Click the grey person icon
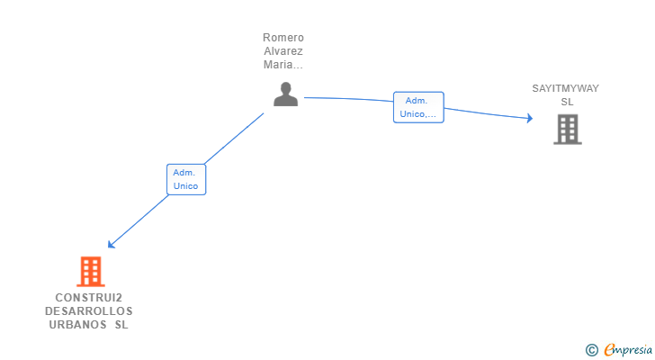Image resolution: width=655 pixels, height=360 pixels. coord(285,94)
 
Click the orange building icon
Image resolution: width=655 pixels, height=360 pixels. coord(90,271)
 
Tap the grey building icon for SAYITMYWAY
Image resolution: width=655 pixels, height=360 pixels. coord(567,130)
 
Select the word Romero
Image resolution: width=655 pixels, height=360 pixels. coord(283,38)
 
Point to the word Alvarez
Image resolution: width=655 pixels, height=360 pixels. coord(283,51)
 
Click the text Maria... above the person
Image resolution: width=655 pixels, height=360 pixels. coord(283,65)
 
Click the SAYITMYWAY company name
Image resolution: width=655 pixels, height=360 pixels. coord(565,88)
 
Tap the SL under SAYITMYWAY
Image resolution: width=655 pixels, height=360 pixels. coord(567,102)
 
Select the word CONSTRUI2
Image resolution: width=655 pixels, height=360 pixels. coord(88,298)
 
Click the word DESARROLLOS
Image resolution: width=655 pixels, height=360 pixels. coord(88,311)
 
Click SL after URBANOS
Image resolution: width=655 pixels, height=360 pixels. coord(121,325)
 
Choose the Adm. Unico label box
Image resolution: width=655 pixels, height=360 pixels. coord(186,179)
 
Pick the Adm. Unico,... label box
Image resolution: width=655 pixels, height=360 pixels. coord(418,107)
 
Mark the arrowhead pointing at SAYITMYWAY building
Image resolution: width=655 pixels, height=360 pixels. coord(529,118)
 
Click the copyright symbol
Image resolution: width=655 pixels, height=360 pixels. coord(591,350)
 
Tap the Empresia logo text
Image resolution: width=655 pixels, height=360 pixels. coord(628,350)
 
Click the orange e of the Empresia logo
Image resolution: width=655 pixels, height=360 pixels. coord(609,350)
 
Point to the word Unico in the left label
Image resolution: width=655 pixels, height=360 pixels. coord(186,186)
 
